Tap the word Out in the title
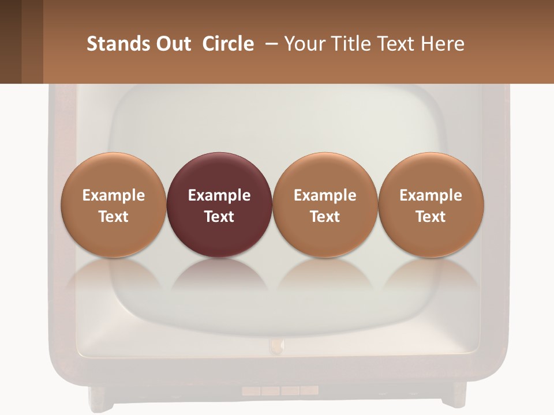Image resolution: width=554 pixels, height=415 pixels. point(173,44)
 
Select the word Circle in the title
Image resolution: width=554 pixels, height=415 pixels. point(228,44)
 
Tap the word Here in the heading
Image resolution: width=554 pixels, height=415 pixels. point(442,44)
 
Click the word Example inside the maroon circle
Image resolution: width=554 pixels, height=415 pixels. point(219,195)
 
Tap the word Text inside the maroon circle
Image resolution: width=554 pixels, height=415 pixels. point(219,217)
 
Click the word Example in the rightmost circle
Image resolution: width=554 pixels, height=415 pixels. point(431,195)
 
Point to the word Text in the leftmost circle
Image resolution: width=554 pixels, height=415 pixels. point(113,217)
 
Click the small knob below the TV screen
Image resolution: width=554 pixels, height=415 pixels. point(277,346)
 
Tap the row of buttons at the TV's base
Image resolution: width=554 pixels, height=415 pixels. point(280,391)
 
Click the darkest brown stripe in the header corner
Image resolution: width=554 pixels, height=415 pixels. point(10,41)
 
